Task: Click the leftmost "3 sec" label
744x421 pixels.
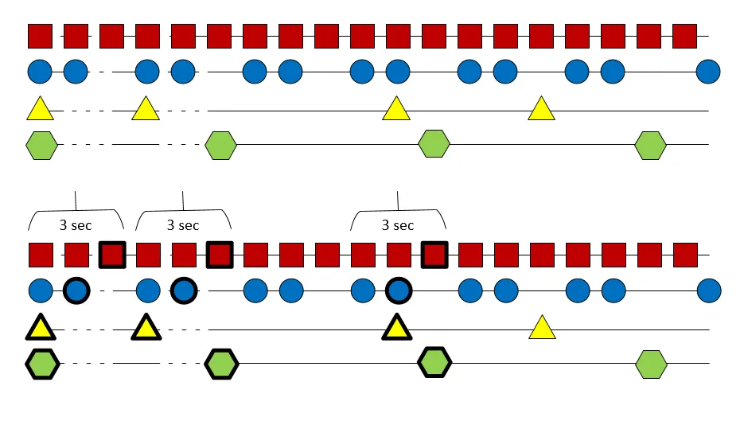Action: coord(76,225)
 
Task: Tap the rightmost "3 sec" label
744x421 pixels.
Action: coord(398,225)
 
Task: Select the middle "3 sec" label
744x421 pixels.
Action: coord(183,225)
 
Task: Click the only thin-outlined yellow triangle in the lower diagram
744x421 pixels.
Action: coord(541,327)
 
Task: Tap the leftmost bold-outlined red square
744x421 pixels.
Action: coord(112,255)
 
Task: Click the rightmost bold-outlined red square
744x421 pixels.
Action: coord(434,255)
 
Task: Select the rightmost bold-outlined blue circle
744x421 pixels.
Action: coord(398,291)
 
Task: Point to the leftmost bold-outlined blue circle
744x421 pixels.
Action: coord(76,291)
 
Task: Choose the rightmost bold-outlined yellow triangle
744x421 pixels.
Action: coord(396,328)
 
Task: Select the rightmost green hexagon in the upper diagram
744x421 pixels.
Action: coord(651,145)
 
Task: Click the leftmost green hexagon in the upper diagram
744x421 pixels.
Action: coord(41,145)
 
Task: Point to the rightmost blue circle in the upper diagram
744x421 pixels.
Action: coord(708,72)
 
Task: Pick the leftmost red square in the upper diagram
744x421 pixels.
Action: coord(41,36)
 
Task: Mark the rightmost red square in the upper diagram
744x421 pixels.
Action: coord(685,36)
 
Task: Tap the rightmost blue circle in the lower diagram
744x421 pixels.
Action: coord(708,291)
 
